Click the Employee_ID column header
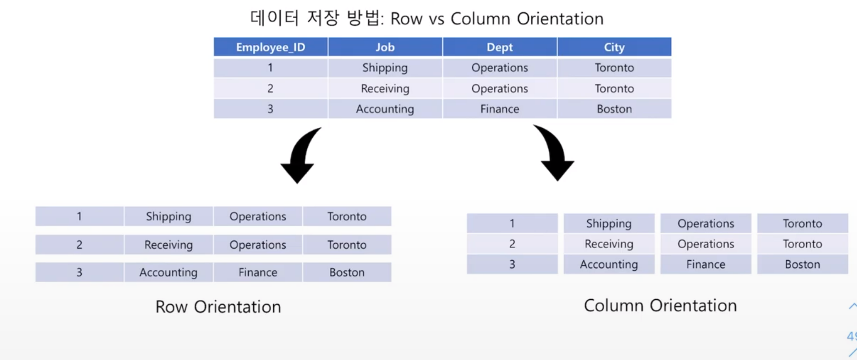point(270,47)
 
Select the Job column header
point(385,47)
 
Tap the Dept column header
point(500,47)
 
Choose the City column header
point(614,47)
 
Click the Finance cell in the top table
point(500,109)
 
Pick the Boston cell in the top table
point(614,109)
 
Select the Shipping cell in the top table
point(385,68)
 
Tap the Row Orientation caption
point(218,307)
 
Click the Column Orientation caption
point(660,306)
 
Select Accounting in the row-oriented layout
point(169,272)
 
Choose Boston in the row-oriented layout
point(347,272)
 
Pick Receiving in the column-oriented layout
point(609,244)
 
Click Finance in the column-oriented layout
point(706,265)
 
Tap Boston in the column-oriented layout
point(803,265)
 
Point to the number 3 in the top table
point(270,109)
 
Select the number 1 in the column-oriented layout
point(512,223)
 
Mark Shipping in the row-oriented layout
point(169,216)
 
